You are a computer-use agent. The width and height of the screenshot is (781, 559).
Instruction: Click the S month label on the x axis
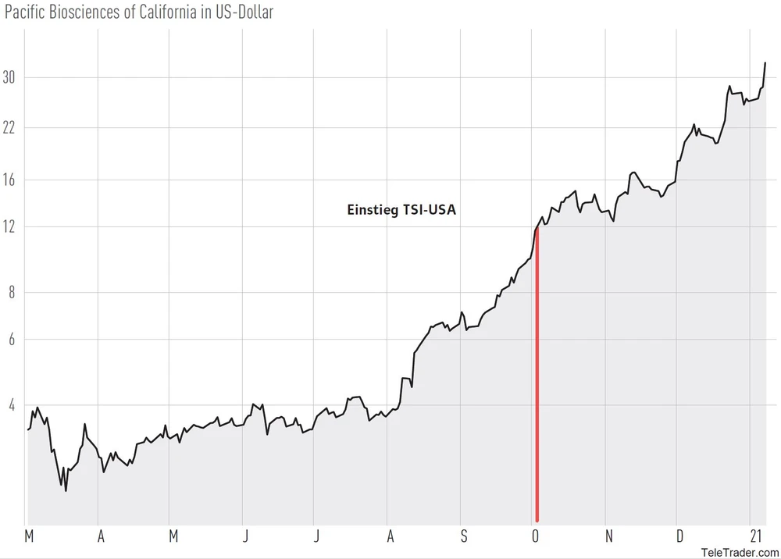pos(463,536)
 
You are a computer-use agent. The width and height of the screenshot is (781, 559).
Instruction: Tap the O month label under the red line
pos(536,536)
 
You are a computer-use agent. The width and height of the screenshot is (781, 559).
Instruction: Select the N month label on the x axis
pos(608,536)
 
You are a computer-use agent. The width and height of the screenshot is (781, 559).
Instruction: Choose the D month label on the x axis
pos(679,536)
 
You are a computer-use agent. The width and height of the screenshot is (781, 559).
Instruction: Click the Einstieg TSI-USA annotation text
pos(401,209)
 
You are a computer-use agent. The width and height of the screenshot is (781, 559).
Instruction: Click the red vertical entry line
pos(537,375)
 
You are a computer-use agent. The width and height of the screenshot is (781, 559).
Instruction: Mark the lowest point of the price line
pos(66,490)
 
